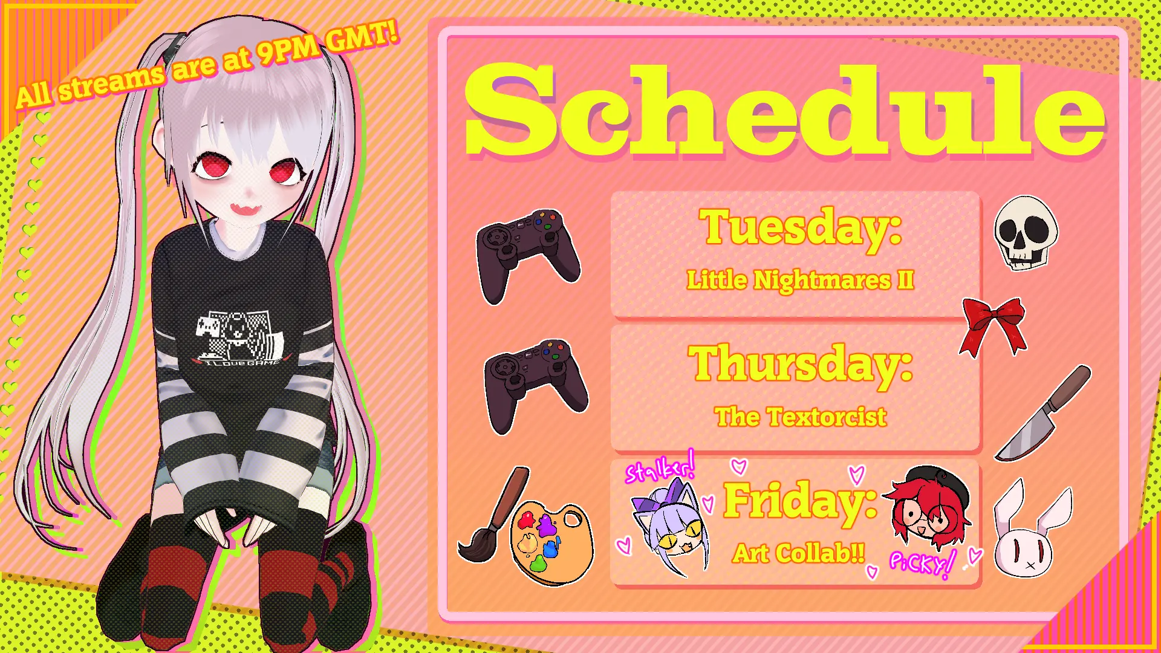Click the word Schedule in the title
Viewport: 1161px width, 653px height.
785,111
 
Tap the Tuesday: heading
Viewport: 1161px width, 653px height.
800,227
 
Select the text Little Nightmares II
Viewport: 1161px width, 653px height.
800,280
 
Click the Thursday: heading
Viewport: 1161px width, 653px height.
800,364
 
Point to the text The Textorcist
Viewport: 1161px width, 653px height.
800,417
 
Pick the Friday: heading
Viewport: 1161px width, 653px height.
800,501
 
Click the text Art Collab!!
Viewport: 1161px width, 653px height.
798,553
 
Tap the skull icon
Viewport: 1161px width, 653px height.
1026,232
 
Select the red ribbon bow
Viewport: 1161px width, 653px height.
994,326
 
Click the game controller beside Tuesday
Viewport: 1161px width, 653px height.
528,255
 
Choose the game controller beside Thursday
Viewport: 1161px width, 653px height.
535,386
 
